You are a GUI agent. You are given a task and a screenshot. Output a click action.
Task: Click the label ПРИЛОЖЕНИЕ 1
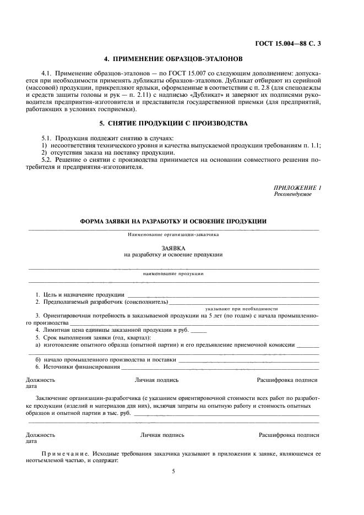tap(297, 188)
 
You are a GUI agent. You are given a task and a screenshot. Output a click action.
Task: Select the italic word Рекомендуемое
tap(292, 194)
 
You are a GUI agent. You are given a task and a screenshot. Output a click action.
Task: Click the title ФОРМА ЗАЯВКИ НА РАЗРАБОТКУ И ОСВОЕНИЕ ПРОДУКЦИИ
tap(173, 221)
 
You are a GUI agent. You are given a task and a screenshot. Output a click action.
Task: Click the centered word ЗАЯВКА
tap(173, 248)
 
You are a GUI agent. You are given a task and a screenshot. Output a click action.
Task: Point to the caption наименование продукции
tap(173, 273)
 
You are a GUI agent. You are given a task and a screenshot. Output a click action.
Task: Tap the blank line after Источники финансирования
tap(220, 367)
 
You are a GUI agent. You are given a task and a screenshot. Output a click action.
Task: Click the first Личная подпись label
tap(156, 380)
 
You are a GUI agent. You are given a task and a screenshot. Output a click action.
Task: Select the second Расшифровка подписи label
tap(289, 435)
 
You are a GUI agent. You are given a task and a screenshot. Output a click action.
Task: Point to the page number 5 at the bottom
tap(173, 472)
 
